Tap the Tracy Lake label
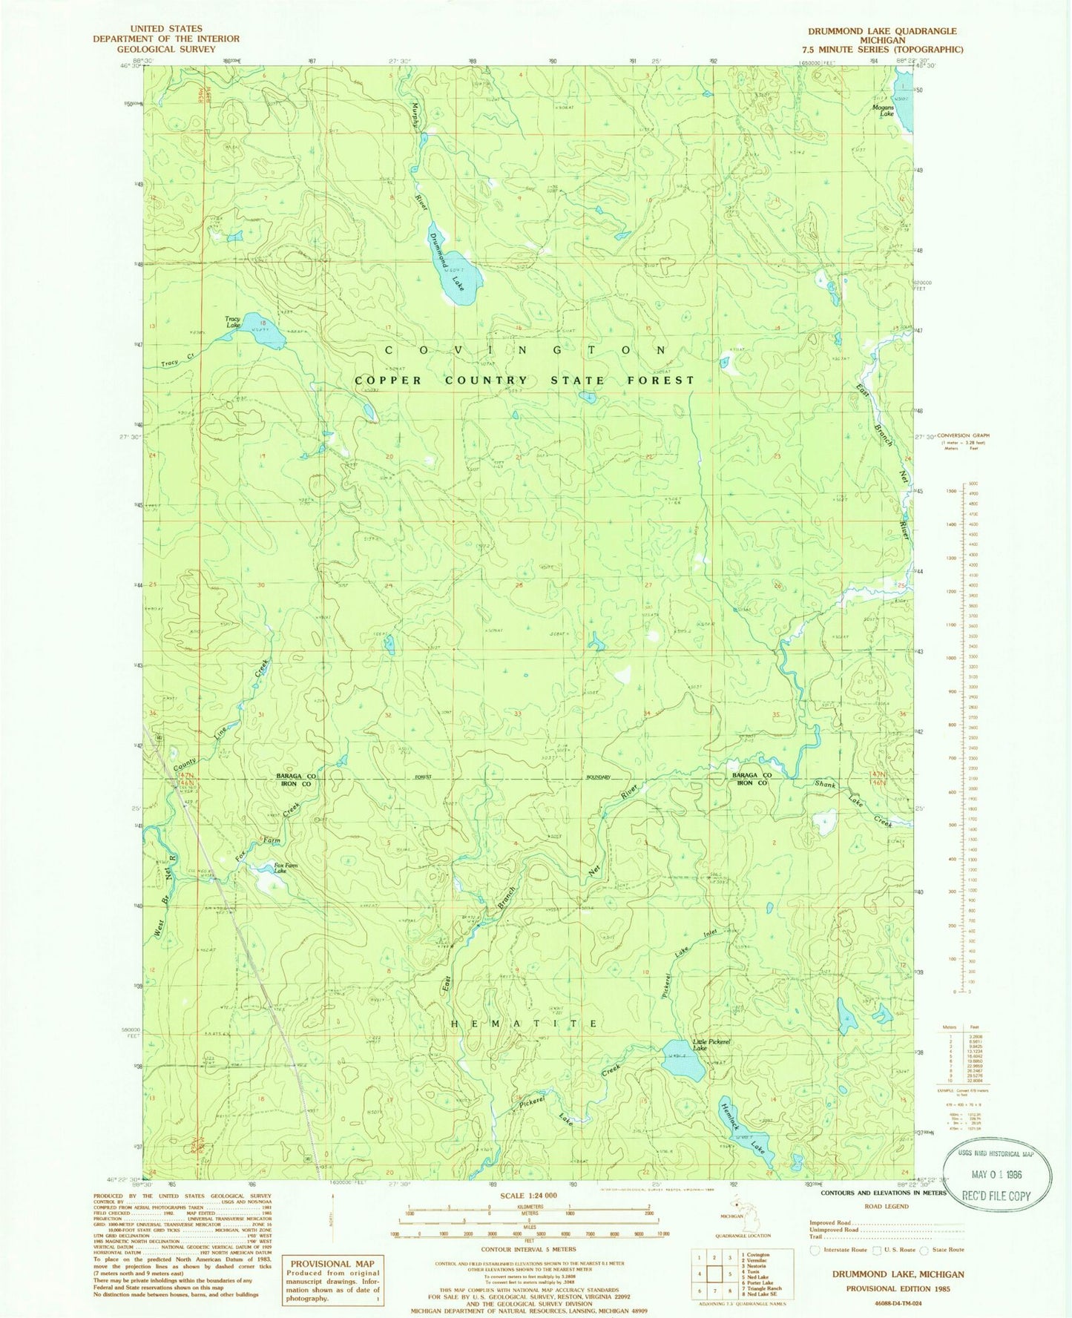(233, 322)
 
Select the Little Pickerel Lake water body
(683, 1069)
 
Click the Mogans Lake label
(883, 111)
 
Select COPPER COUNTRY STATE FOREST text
(525, 380)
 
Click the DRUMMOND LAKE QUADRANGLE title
(882, 31)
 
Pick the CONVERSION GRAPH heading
(963, 435)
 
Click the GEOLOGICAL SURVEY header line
(165, 49)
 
